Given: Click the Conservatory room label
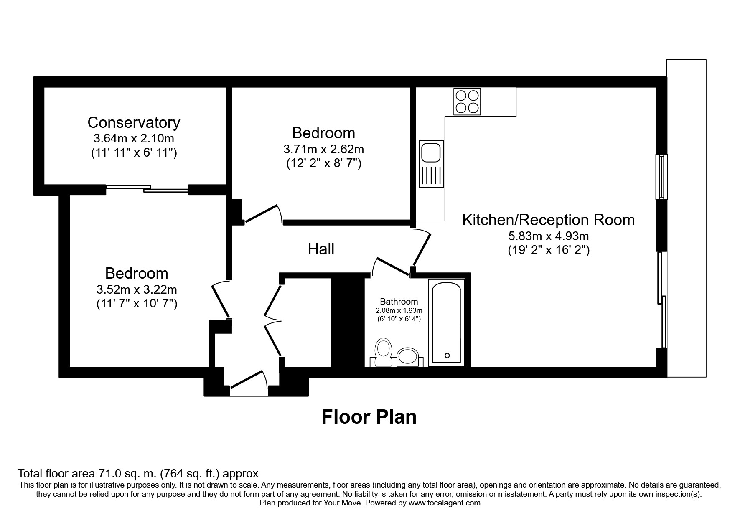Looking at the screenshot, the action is pos(134,122).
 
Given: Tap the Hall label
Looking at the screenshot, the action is pos(321,249).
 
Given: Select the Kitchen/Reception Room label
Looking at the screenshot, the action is pos(548,220).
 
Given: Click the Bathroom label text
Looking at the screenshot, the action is pos(399,301).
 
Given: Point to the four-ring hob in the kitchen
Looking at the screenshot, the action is pos(467,102).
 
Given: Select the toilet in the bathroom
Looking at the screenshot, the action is pos(383,352).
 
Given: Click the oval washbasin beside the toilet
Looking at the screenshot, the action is pos(407,357).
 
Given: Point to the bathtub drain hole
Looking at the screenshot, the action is pos(447,355).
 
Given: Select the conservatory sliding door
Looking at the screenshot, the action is pos(147,189).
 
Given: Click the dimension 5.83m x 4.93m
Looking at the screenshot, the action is pos(548,236).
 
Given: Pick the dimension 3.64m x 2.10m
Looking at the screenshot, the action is pos(134,138).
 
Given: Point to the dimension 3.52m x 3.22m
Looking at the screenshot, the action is pos(137,289).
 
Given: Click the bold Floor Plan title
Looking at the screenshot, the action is pos(369,417).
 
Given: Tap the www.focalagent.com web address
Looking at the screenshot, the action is pos(444,503).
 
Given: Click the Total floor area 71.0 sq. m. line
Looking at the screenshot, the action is pos(138,474).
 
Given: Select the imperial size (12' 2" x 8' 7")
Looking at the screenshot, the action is pos(323,163).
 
